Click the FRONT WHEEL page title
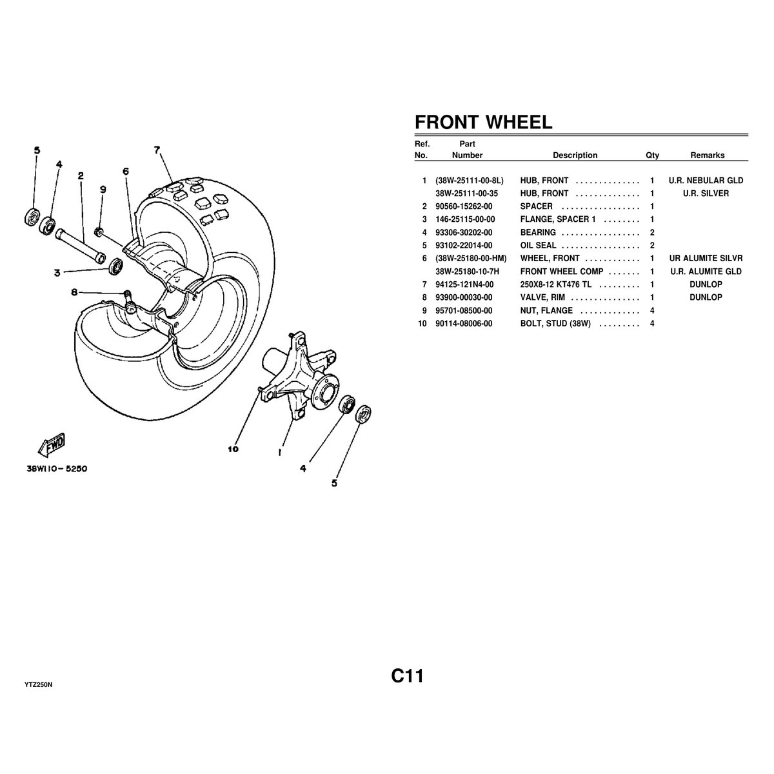483,123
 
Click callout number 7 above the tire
157,150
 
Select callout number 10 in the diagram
233,449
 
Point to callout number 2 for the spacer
81,175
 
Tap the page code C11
406,676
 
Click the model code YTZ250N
38,684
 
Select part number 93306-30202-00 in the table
463,232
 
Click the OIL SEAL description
538,245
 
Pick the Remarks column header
707,155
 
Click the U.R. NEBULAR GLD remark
706,181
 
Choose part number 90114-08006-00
463,323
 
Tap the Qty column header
652,155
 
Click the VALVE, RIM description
545,297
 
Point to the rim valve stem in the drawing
128,297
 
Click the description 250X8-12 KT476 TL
555,284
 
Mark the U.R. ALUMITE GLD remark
706,272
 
